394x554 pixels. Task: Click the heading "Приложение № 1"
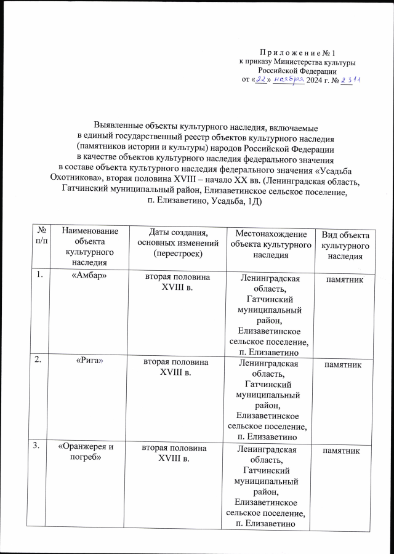(x=297, y=54)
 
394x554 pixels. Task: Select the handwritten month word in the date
(x=289, y=81)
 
